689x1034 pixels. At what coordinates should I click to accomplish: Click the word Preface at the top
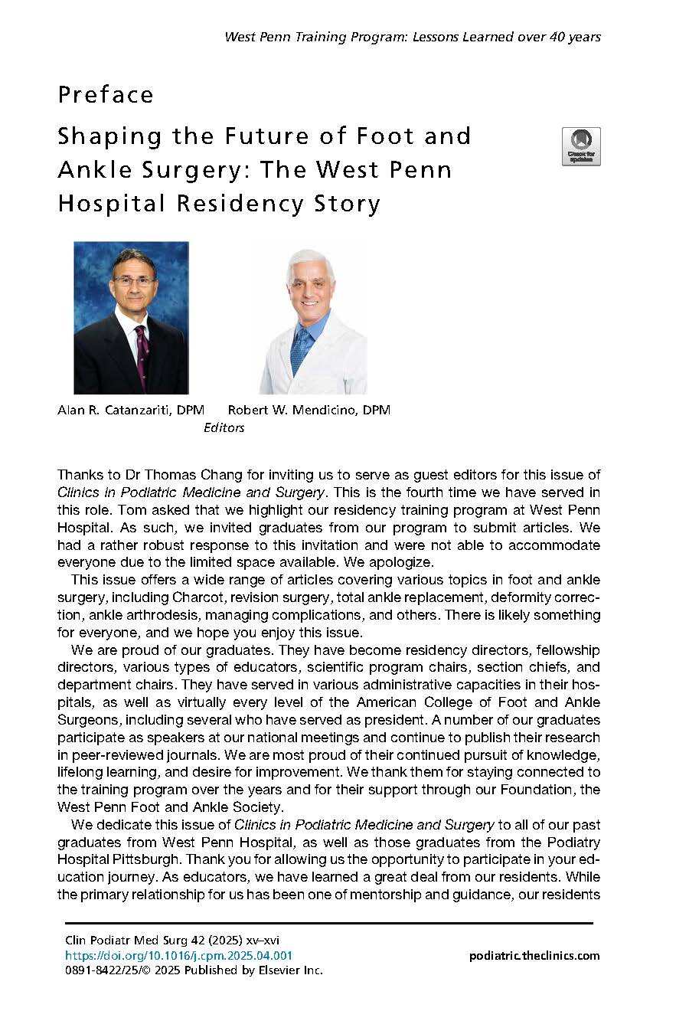point(106,95)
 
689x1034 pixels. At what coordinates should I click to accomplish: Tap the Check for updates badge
point(581,146)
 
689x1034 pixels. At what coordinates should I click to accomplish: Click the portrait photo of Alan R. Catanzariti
point(131,318)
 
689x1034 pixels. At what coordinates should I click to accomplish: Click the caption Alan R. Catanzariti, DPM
point(131,411)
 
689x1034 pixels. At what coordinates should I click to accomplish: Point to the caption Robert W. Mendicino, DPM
point(309,411)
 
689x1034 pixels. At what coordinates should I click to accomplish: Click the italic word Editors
point(224,428)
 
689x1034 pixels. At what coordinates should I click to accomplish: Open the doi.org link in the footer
point(178,955)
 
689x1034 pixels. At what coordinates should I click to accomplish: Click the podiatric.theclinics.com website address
point(534,955)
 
